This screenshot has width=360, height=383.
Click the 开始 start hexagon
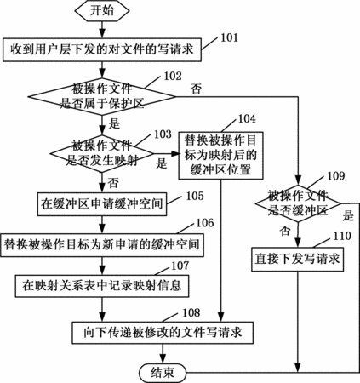pos(102,11)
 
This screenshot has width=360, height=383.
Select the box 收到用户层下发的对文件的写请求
pos(102,49)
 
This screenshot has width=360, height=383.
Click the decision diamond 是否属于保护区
pos(102,97)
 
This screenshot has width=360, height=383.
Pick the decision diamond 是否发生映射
pos(102,154)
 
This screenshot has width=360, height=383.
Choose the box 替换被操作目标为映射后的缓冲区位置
pos(220,156)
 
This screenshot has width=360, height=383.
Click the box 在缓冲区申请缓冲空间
pos(102,204)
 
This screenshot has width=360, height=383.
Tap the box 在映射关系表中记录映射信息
pos(102,286)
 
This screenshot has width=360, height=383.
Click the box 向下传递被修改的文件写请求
pos(163,333)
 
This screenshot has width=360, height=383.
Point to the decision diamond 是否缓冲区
pos(298,203)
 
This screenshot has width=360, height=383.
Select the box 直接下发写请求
pos(297,260)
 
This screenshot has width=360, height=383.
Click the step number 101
pos(229,37)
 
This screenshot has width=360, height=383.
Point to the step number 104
pos(247,118)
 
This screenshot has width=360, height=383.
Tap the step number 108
pos(191,312)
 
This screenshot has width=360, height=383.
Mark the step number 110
pos(342,236)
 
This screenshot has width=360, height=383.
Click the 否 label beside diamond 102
pos(196,89)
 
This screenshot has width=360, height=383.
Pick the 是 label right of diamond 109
pos(348,215)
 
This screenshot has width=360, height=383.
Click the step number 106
pos(205,223)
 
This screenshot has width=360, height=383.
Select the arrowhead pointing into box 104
pos(175,154)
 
